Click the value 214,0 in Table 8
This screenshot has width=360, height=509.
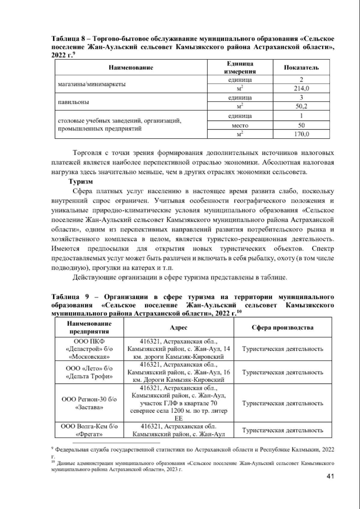[x=301, y=89]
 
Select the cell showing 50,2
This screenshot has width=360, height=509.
[x=301, y=106]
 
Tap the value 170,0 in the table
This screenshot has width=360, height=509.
[x=301, y=134]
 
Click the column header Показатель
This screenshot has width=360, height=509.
[x=301, y=67]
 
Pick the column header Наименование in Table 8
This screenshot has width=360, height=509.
[x=131, y=67]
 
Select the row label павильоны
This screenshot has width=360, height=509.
[x=73, y=102]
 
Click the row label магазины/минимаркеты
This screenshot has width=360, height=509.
[x=91, y=84]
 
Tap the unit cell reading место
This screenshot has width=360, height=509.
[x=240, y=125]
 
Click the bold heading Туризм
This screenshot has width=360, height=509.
[x=81, y=182]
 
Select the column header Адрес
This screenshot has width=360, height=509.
[x=178, y=327]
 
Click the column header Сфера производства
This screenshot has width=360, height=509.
[x=283, y=327]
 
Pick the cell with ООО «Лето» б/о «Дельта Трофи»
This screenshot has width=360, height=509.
[x=89, y=372]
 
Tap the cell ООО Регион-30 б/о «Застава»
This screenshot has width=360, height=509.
[x=89, y=403]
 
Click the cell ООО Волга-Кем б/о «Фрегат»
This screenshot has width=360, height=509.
[x=89, y=430]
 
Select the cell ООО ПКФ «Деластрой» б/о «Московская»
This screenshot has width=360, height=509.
[x=89, y=349]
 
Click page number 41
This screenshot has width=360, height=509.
[x=330, y=476]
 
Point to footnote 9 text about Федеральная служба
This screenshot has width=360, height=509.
[x=192, y=450]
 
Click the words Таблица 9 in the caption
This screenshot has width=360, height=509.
[x=70, y=297]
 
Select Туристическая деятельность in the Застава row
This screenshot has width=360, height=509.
[x=283, y=403]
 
